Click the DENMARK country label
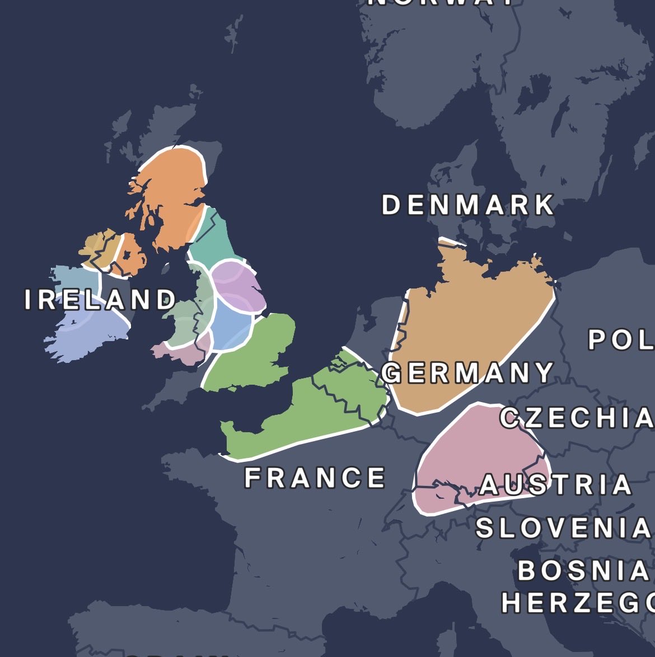468,205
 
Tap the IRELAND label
100,300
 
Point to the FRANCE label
315,478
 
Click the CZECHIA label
577,418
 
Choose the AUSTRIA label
556,485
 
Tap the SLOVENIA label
564,528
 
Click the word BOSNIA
583,571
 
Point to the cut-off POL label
621,340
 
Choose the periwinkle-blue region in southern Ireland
84,330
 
